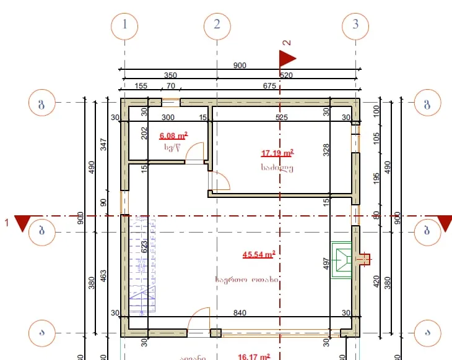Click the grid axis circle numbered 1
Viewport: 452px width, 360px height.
click(x=125, y=25)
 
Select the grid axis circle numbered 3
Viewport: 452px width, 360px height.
click(x=355, y=25)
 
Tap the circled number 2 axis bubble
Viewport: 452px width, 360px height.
click(x=217, y=25)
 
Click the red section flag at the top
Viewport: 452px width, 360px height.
click(x=286, y=58)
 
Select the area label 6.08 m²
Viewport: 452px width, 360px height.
click(x=173, y=135)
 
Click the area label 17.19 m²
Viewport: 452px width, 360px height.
click(x=277, y=153)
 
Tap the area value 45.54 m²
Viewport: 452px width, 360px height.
click(x=259, y=254)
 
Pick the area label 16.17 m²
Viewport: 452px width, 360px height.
click(x=254, y=356)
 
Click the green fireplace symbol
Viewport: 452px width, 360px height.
click(x=342, y=259)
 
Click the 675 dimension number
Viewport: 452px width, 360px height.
click(x=269, y=86)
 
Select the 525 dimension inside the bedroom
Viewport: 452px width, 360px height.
click(x=282, y=118)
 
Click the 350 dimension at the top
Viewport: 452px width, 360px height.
click(x=170, y=75)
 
